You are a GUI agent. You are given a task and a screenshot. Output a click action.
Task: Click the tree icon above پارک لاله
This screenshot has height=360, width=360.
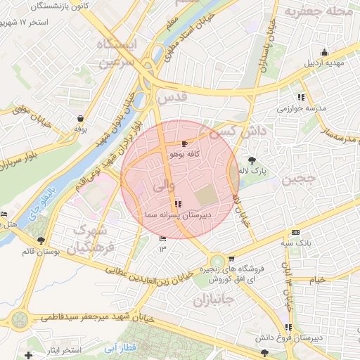tap(252, 160)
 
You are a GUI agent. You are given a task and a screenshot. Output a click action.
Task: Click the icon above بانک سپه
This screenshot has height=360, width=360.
tap(295, 233)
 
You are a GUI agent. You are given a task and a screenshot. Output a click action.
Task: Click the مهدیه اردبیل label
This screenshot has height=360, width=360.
tap(323, 63)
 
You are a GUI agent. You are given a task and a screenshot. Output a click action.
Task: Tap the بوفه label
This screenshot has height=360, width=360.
tap(80, 129)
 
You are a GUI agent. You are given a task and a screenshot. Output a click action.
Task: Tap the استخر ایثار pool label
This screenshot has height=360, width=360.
tap(62, 349)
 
